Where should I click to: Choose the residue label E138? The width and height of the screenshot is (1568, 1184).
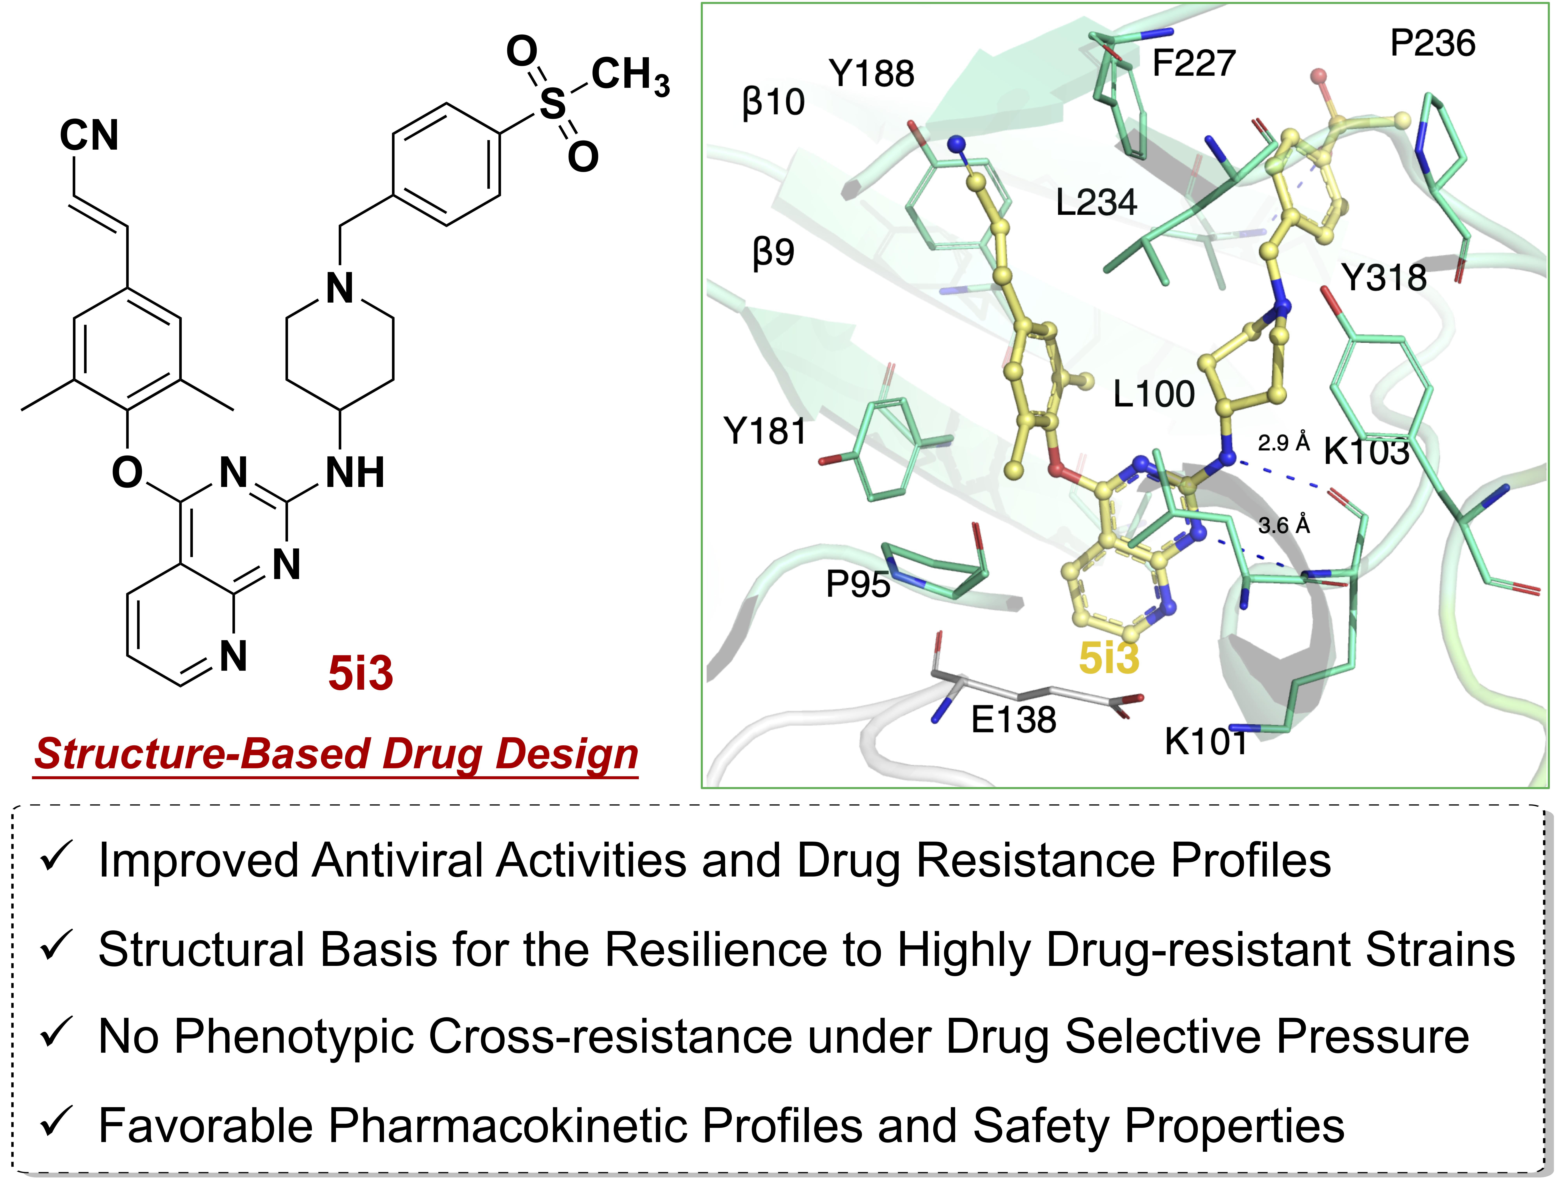click(x=1014, y=720)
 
